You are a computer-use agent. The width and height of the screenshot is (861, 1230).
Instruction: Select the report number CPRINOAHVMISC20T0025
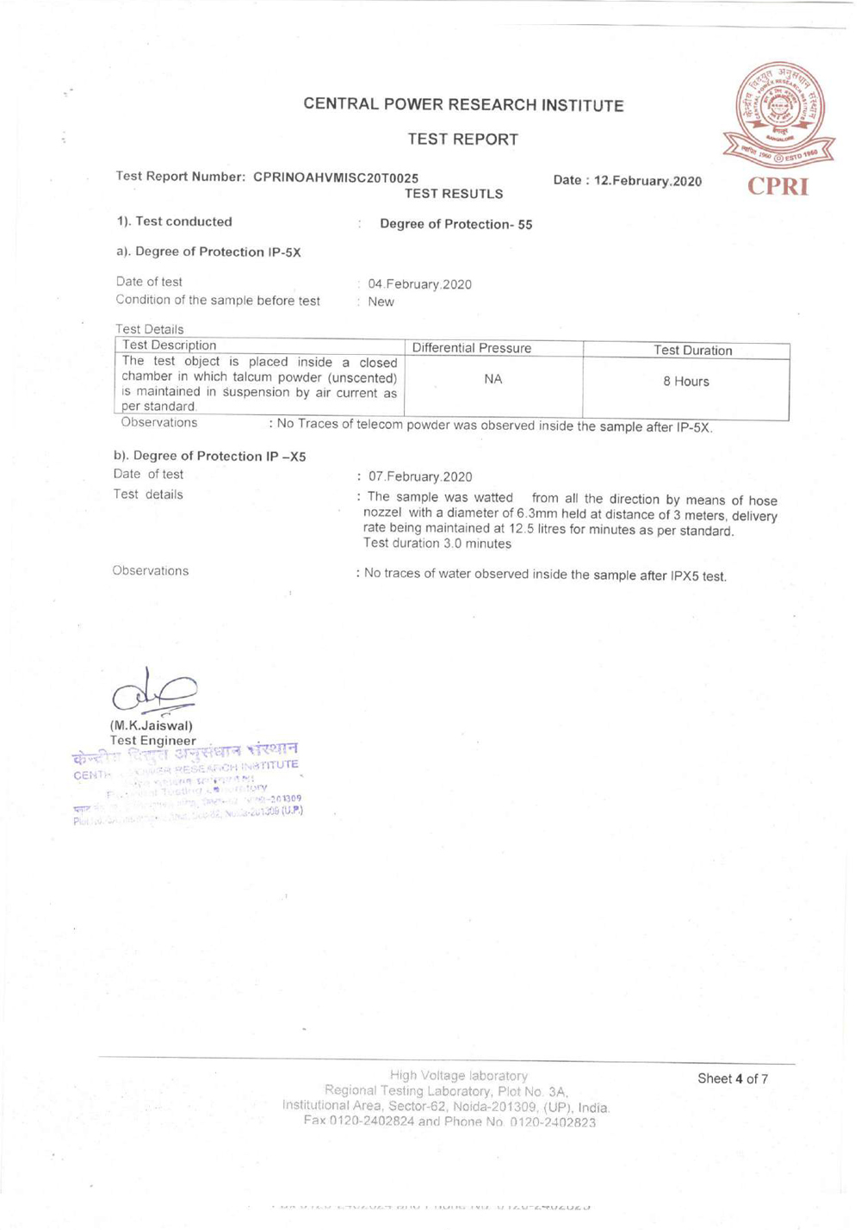coord(336,177)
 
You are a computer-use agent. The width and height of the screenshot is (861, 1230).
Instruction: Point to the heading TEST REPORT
coord(462,140)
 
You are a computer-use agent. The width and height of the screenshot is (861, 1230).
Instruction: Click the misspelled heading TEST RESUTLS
coord(454,194)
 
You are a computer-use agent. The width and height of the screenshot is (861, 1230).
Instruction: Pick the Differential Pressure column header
coord(471,349)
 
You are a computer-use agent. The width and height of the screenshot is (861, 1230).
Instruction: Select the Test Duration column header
coord(692,351)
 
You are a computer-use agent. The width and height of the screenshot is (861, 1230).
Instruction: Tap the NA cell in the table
coord(492,379)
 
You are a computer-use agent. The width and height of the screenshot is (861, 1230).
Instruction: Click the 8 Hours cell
coord(685,382)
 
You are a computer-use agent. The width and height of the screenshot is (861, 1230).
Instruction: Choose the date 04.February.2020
coord(419,284)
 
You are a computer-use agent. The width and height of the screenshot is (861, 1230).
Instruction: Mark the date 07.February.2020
coord(420,476)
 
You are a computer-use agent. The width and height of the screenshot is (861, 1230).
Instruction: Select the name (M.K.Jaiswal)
coord(152,725)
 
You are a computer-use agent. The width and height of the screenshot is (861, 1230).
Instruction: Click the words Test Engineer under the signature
coord(153,740)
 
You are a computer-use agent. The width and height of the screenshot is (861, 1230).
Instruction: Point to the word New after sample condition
coord(381,302)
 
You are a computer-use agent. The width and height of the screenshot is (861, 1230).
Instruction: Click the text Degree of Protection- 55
coord(455,225)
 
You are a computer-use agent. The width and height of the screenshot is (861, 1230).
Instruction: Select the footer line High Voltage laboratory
coord(458,1075)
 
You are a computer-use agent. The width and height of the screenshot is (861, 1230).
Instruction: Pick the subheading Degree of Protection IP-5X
coord(208,252)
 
